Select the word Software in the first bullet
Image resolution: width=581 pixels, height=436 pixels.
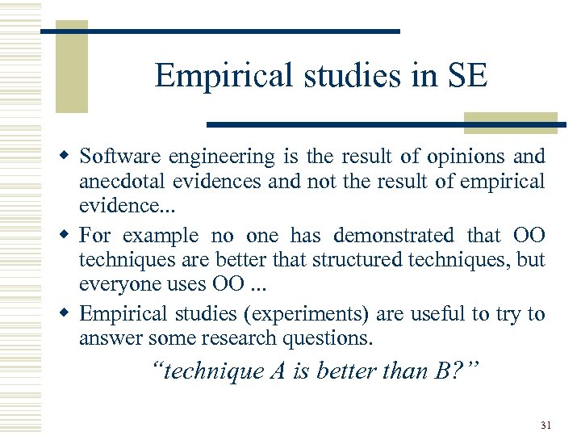(119, 156)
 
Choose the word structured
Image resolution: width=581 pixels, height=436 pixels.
(338, 260)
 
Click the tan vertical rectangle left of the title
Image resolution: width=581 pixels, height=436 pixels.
(70, 67)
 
